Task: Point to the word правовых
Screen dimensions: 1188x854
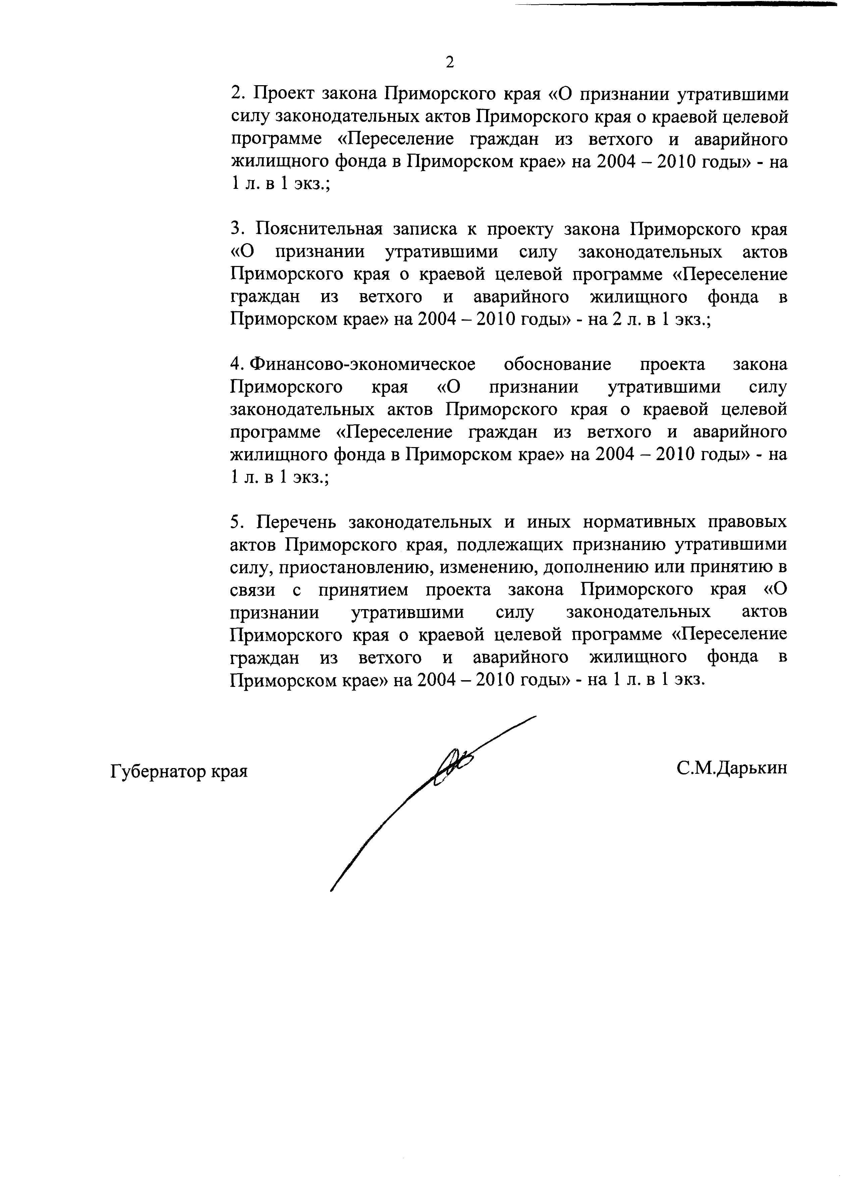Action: [748, 522]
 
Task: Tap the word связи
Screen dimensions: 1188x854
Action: [253, 590]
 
